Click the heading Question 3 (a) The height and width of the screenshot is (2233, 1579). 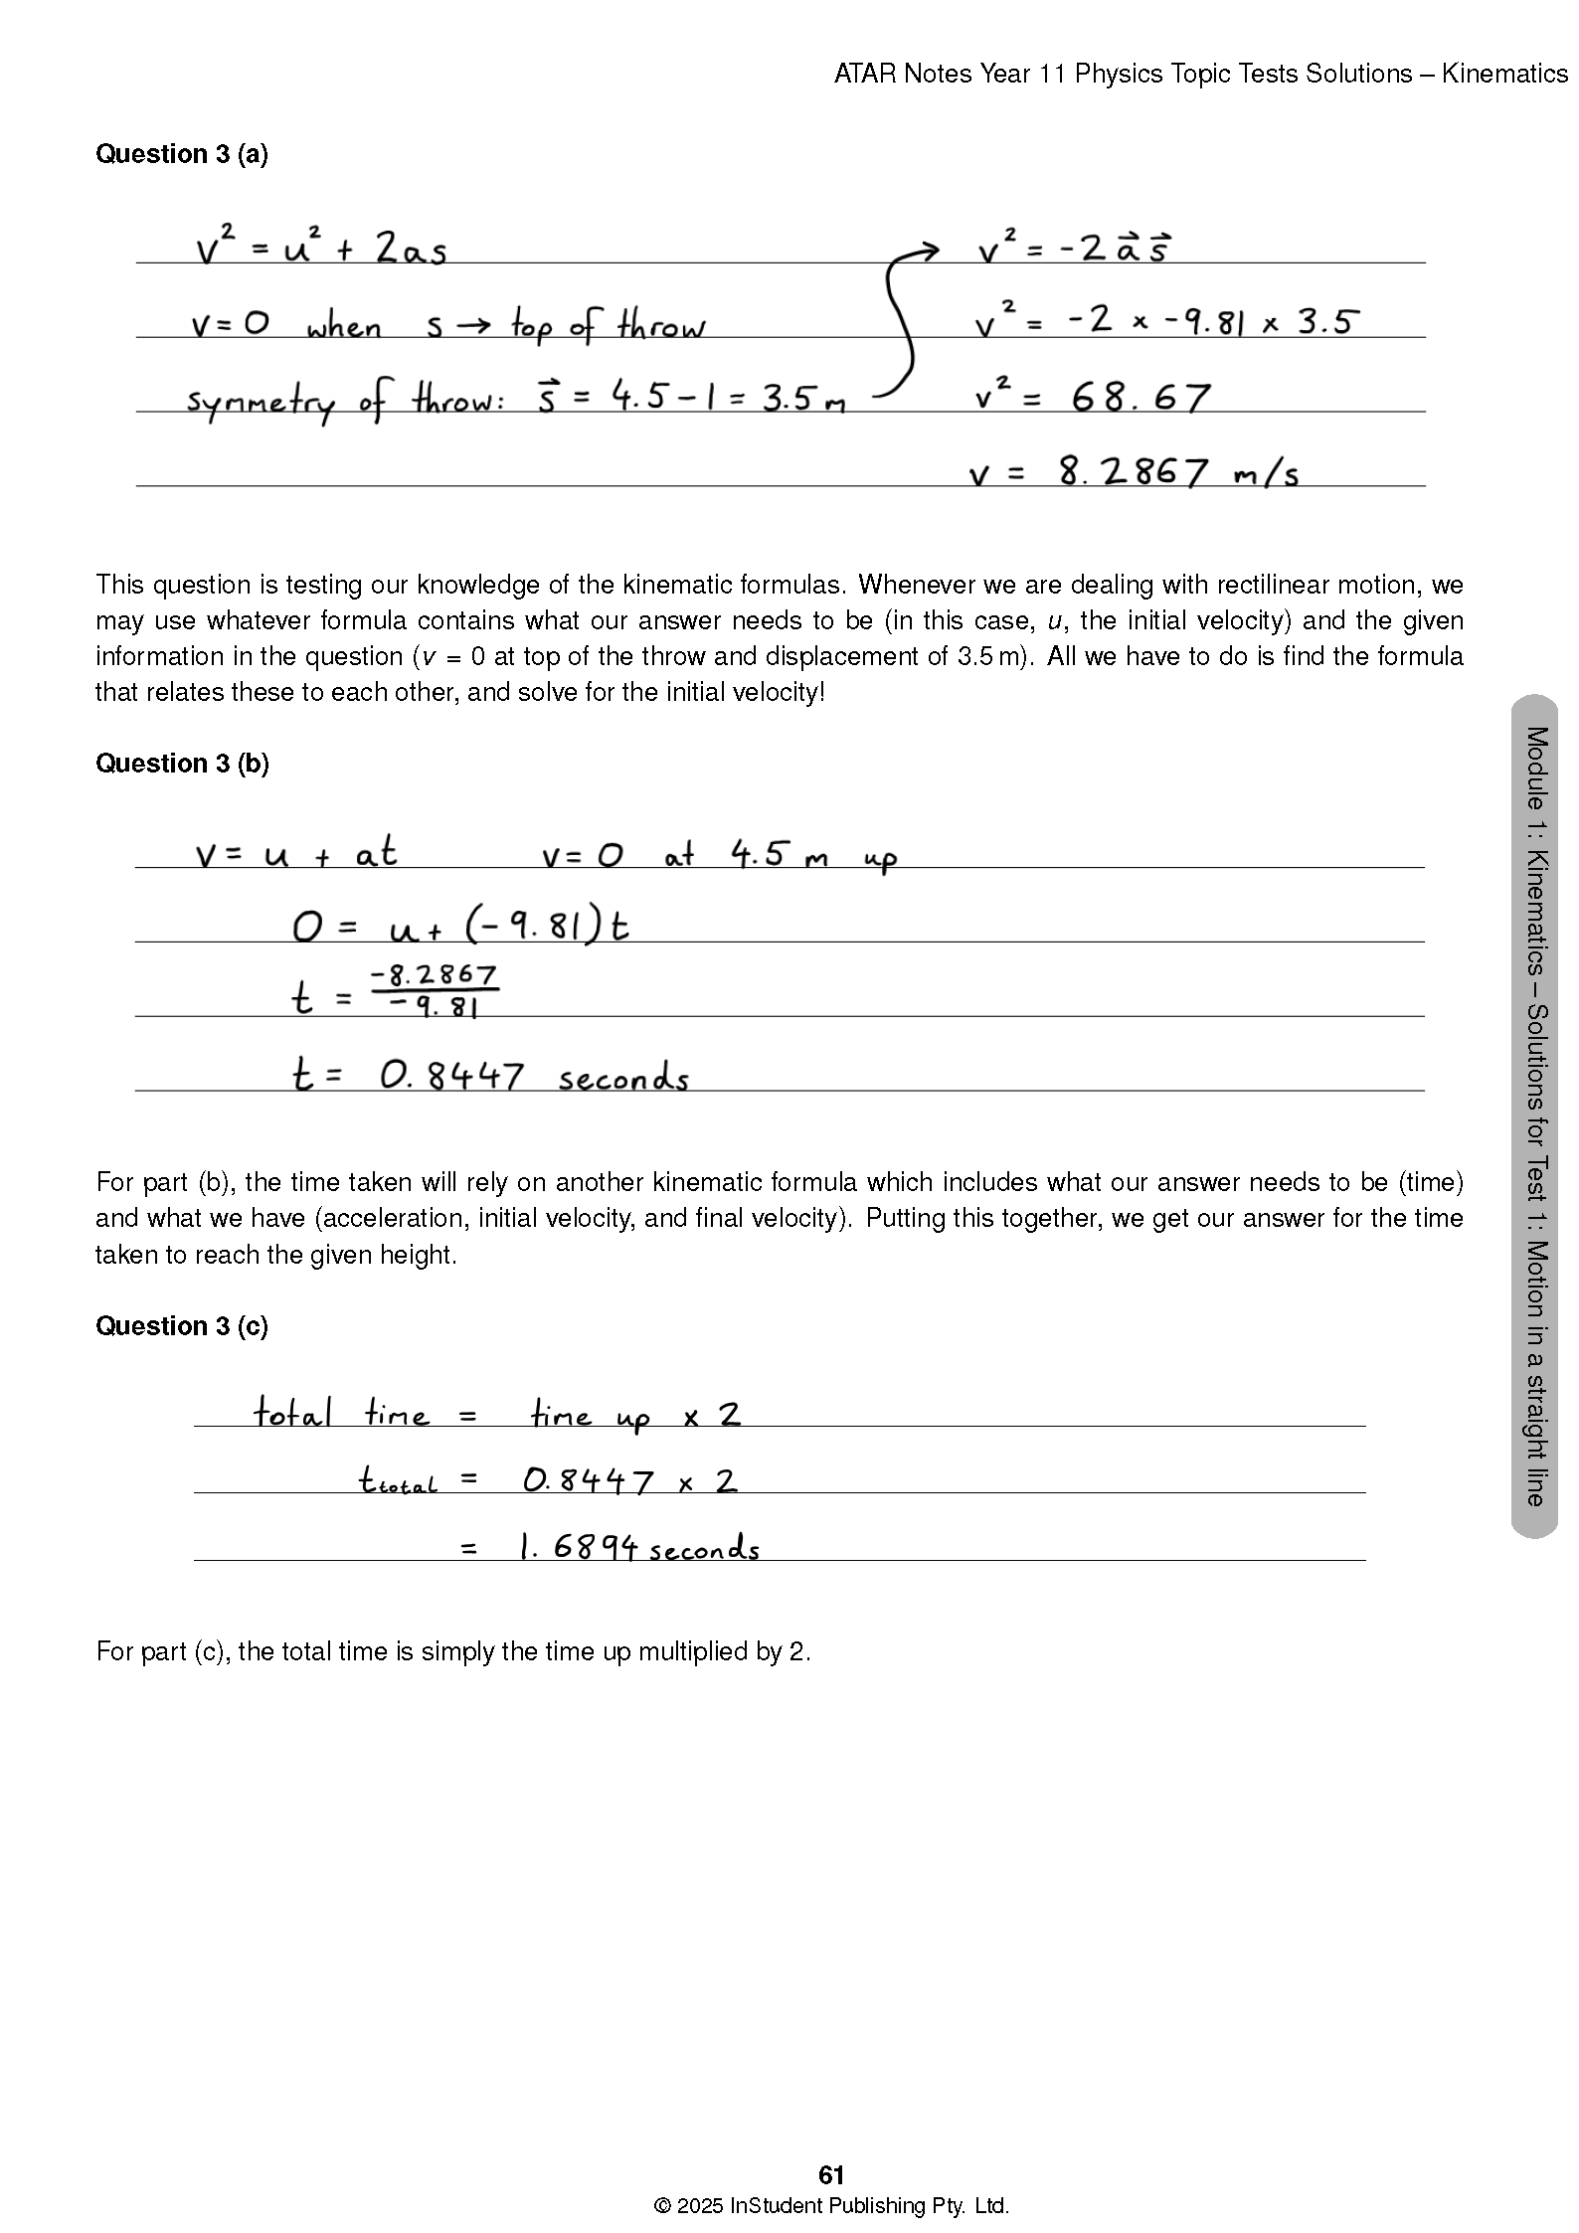point(182,154)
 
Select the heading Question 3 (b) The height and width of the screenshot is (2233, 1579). point(182,764)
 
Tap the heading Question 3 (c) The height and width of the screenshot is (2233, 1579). point(182,1326)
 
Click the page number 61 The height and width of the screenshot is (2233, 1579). point(831,2175)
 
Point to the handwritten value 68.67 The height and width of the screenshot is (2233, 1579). point(1140,398)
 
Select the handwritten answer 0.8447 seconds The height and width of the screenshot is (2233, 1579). point(534,1077)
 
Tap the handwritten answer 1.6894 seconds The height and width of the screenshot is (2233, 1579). point(639,1548)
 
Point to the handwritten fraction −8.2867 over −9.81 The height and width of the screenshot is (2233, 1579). point(435,990)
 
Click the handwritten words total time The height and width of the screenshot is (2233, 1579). point(341,1413)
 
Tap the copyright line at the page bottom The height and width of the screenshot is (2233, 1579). point(831,2206)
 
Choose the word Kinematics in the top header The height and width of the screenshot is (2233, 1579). point(1503,74)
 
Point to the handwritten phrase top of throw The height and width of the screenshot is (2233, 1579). point(608,326)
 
